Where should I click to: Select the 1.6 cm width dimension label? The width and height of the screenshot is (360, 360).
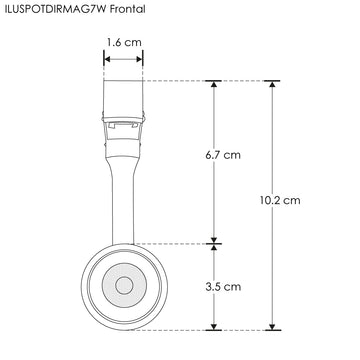click(123, 43)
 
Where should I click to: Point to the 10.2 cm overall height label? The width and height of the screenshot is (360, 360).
click(279, 201)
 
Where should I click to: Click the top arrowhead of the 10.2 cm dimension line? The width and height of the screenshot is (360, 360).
click(271, 84)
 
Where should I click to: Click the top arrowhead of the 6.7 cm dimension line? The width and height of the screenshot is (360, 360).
click(213, 84)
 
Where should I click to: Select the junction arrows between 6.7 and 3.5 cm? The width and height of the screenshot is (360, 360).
click(213, 243)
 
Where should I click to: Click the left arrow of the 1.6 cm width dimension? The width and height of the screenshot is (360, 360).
click(106, 59)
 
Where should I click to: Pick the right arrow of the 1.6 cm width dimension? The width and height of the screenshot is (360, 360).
click(140, 59)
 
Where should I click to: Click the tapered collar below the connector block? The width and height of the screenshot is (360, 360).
click(123, 150)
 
